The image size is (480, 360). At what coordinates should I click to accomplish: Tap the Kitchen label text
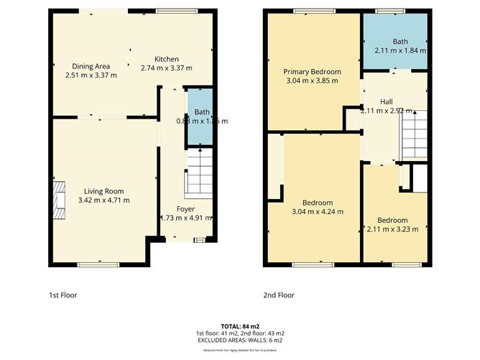pos(167,59)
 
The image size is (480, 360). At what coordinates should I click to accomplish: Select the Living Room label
pos(104,190)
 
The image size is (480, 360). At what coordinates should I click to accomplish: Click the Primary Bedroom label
pos(312,72)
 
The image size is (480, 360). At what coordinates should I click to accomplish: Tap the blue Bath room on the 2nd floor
pos(400,42)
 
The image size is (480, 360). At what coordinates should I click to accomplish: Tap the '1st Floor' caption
pos(63,295)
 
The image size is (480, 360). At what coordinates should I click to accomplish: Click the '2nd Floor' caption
pos(279,295)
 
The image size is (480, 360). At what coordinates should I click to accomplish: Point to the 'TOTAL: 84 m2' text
pos(239,326)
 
